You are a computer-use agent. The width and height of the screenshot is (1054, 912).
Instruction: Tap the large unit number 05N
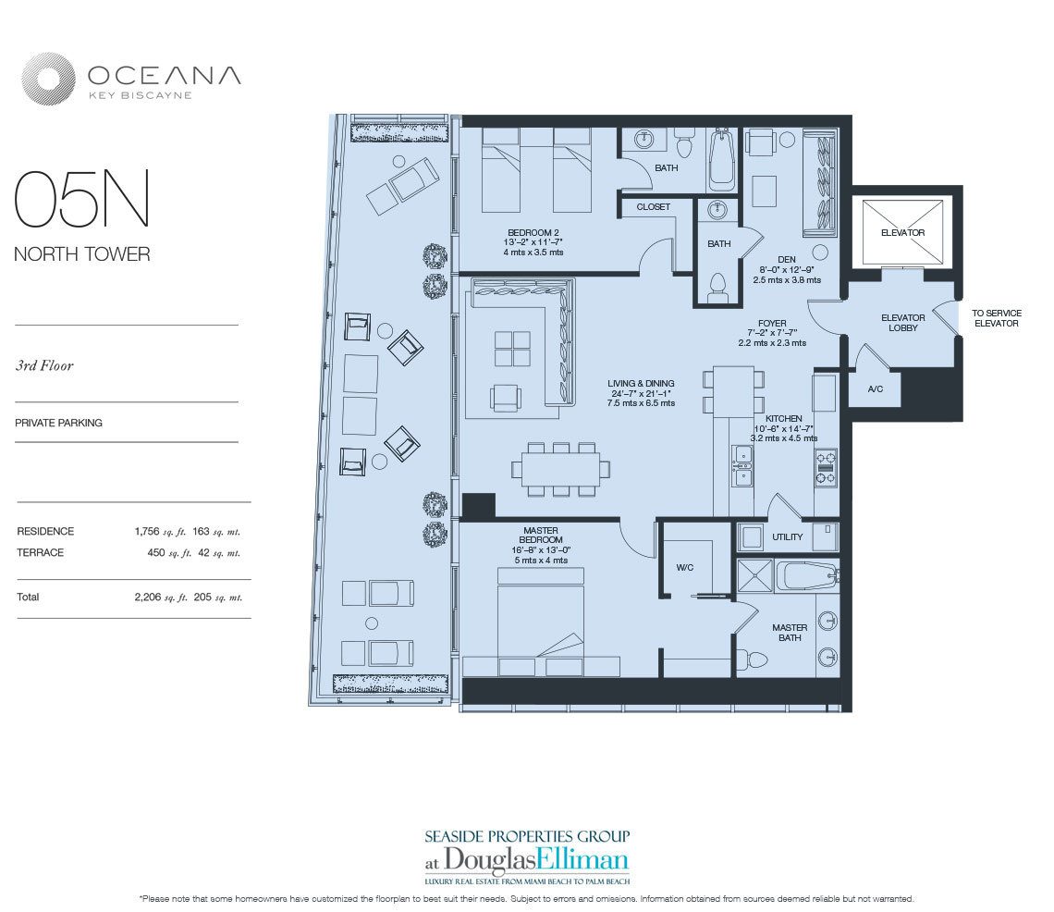point(81,201)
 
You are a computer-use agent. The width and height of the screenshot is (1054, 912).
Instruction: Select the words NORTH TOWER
point(81,254)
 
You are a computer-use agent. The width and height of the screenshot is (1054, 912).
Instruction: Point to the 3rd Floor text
point(44,365)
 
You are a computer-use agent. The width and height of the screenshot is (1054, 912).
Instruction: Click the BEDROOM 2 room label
point(533,232)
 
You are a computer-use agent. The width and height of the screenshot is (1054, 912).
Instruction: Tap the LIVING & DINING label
point(641,383)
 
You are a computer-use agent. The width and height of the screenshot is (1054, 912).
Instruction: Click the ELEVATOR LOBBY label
point(902,323)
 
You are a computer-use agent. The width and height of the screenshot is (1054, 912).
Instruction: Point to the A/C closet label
point(875,389)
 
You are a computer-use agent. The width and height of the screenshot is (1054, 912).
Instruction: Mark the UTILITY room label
point(787,537)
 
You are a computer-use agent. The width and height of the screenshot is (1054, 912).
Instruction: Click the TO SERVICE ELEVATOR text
point(996,318)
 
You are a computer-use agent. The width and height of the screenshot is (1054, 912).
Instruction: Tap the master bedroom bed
point(540,620)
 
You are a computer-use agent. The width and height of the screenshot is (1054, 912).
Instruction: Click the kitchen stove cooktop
point(825,467)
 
